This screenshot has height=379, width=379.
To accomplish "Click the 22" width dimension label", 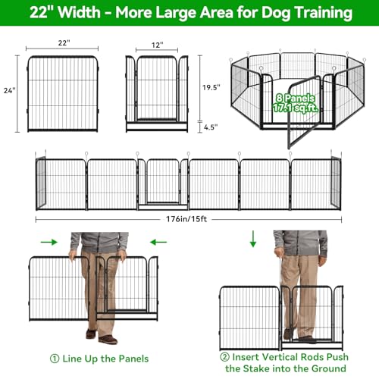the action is (64, 42).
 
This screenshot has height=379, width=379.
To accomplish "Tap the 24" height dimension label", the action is (10, 90).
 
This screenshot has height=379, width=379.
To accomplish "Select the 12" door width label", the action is (157, 45).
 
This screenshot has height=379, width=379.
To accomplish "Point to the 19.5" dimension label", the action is (211, 87).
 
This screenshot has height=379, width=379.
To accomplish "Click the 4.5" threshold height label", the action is (211, 127).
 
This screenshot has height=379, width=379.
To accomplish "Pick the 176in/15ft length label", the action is (186, 219).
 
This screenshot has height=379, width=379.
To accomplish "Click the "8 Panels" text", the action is (296, 98).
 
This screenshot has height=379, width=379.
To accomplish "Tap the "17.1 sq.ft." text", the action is (296, 108).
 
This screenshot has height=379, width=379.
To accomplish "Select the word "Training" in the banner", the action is (324, 13).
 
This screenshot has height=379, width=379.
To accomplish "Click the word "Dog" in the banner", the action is (276, 13).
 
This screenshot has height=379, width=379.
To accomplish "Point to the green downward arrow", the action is (253, 239).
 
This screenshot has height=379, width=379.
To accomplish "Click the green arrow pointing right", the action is (49, 242).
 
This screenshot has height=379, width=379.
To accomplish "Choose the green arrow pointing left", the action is (158, 242).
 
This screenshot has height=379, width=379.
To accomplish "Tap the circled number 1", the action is (55, 359).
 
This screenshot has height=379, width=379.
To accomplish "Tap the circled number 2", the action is (224, 357).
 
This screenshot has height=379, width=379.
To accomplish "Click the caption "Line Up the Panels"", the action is (105, 359).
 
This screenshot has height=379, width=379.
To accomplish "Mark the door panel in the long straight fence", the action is (163, 184).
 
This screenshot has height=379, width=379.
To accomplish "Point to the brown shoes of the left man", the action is (102, 337).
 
